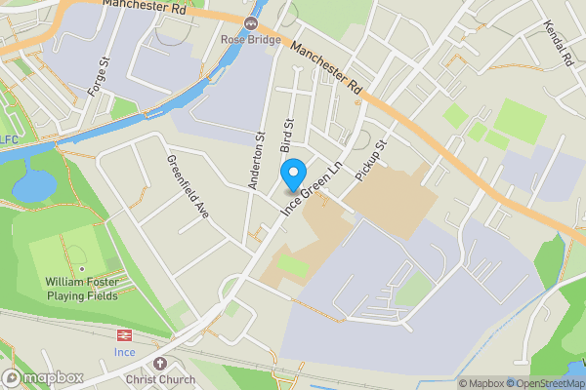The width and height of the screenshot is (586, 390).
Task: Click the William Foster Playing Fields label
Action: pyautogui.click(x=82, y=288)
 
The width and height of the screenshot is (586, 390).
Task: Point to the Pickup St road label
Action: pyautogui.click(x=373, y=156)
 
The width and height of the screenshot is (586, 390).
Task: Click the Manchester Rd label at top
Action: pyautogui.click(x=144, y=5)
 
